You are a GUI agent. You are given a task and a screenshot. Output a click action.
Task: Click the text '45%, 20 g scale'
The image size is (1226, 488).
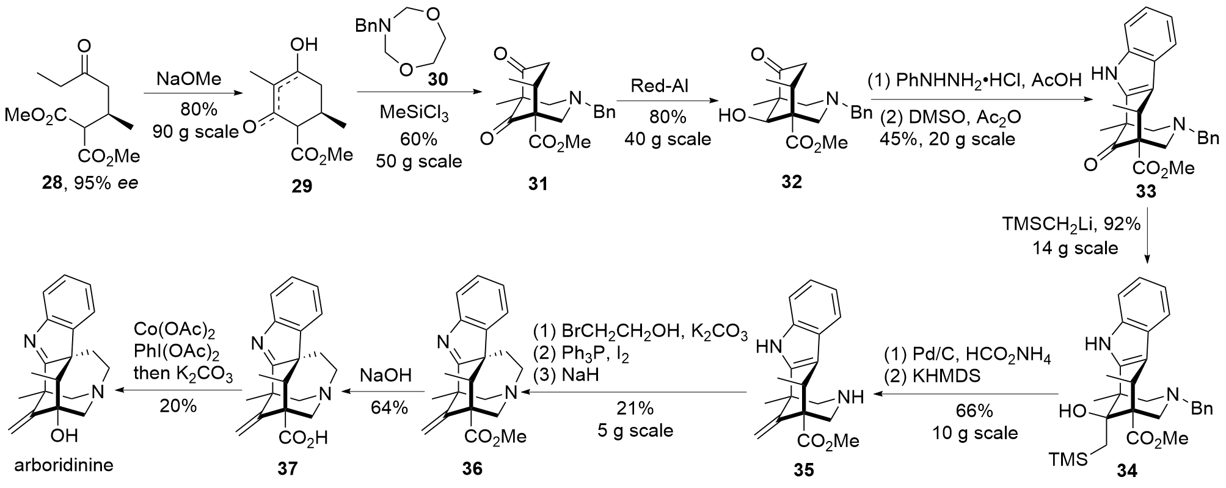pos(947,139)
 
